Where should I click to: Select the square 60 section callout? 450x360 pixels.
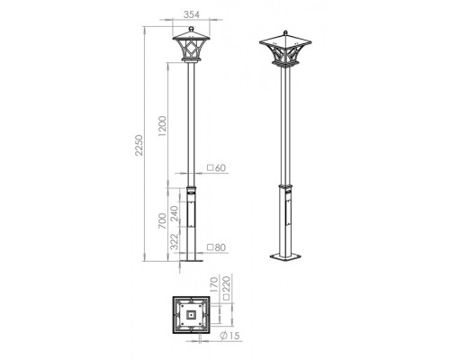(x=216, y=167)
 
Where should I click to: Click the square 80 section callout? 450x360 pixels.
(x=216, y=247)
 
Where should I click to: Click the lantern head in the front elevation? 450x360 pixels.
(x=189, y=50)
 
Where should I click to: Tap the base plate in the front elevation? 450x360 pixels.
(x=190, y=261)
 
